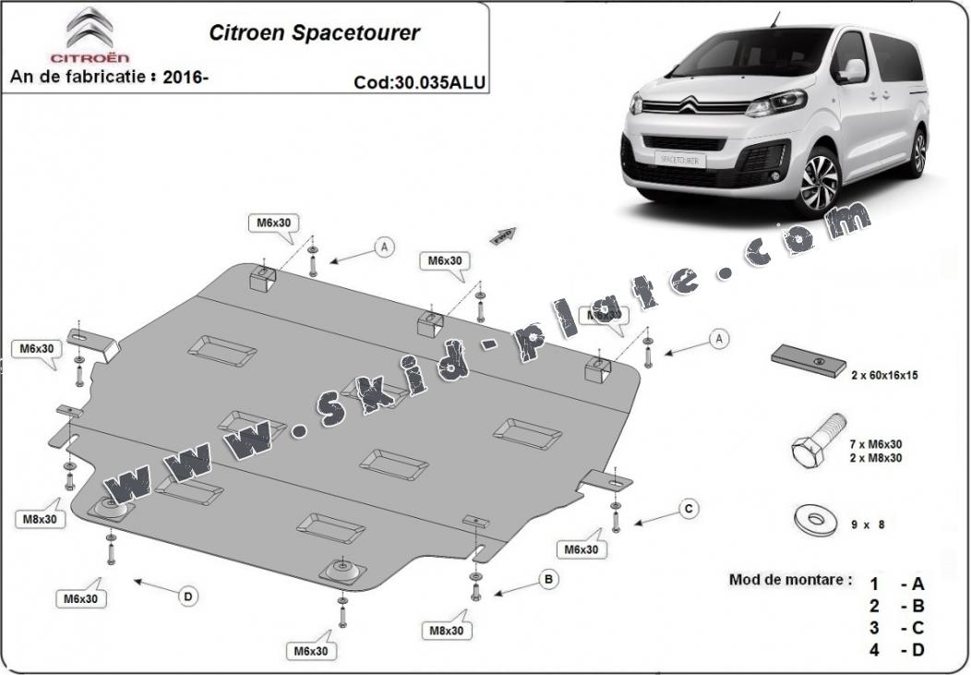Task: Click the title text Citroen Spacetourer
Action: click(315, 33)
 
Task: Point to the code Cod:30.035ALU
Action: click(419, 82)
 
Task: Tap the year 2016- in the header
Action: click(185, 77)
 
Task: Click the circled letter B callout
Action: click(548, 580)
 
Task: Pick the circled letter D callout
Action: click(188, 597)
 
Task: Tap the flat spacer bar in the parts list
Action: click(809, 360)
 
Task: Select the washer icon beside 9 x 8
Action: click(815, 520)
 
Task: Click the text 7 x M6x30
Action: click(876, 445)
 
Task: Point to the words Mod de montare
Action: click(790, 580)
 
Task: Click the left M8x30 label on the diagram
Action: click(39, 519)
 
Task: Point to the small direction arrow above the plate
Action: click(502, 235)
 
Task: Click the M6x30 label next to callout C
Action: click(581, 549)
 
